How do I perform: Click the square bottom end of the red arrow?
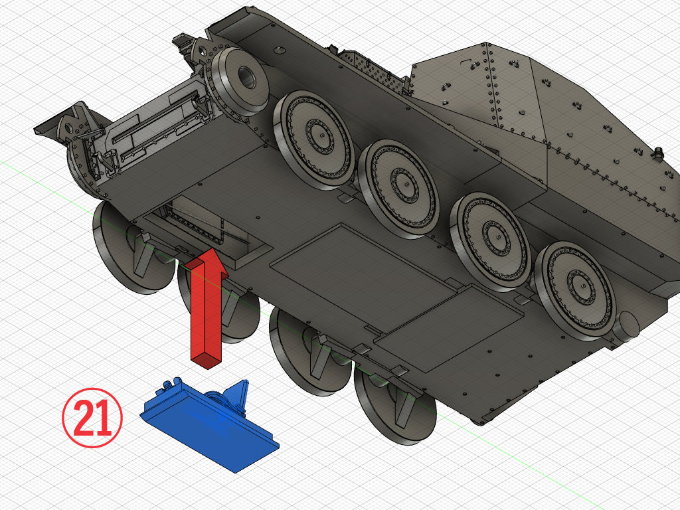207,359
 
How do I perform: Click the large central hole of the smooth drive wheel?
248,78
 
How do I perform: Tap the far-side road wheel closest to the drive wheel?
313,139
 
